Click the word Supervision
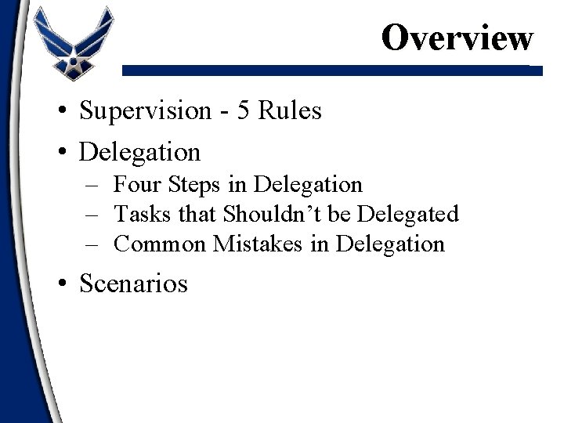[x=143, y=111]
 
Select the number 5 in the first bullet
[x=244, y=111]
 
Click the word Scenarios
[x=134, y=283]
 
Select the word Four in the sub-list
[x=137, y=185]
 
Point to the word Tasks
[x=139, y=214]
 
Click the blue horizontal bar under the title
[x=333, y=70]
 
